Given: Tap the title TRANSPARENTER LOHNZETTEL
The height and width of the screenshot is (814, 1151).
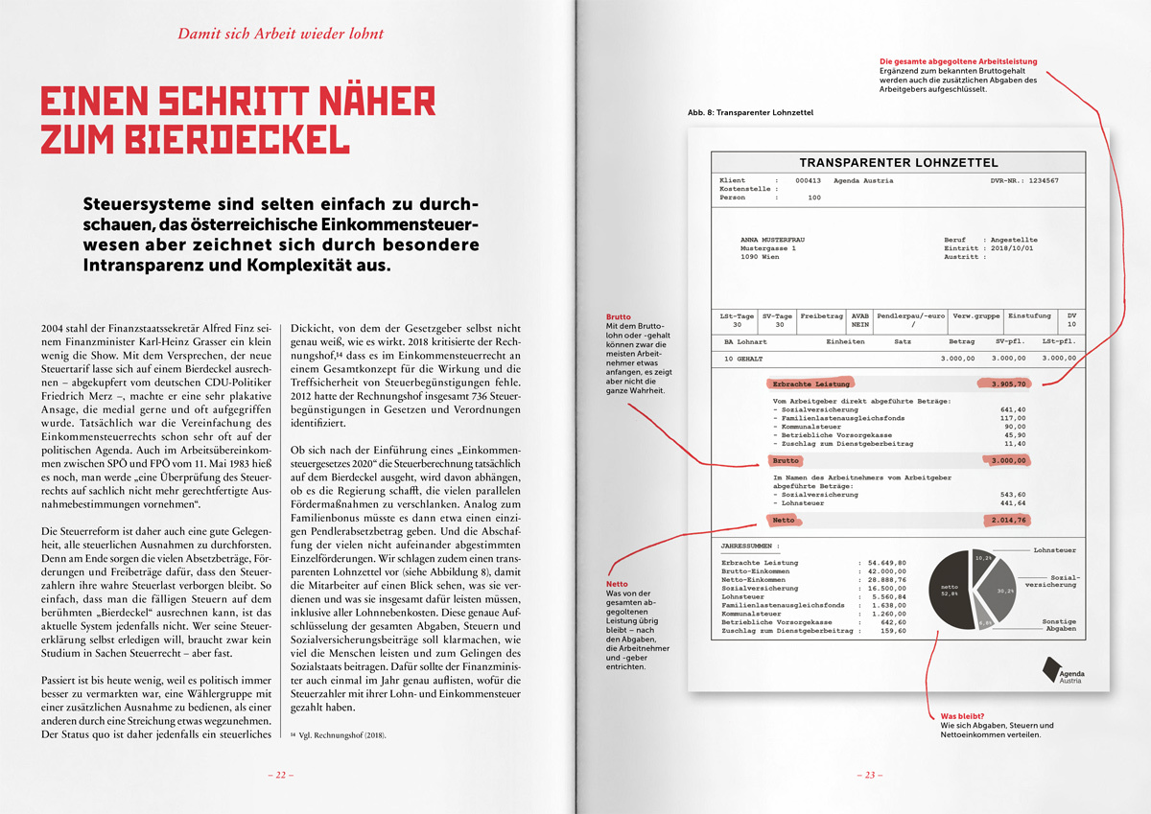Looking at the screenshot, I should (x=899, y=163).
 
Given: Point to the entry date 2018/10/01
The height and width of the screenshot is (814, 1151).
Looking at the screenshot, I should (x=1015, y=248).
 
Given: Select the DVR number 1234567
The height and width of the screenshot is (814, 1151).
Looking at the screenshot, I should (x=1038, y=180).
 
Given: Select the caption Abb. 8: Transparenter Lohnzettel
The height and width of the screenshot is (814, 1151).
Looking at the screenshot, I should (x=750, y=113).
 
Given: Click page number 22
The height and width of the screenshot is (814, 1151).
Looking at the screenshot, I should (x=280, y=775).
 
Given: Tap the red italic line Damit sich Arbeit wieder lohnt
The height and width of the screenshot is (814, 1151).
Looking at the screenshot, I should (x=281, y=35).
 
